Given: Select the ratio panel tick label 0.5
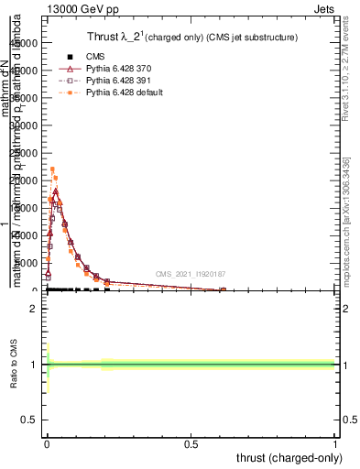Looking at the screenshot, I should click(x=29, y=420).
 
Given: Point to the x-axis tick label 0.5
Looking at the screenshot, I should click(x=191, y=444).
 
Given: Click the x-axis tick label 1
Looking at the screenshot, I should click(x=335, y=444).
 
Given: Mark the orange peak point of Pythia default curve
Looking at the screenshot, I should click(x=52, y=169).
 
